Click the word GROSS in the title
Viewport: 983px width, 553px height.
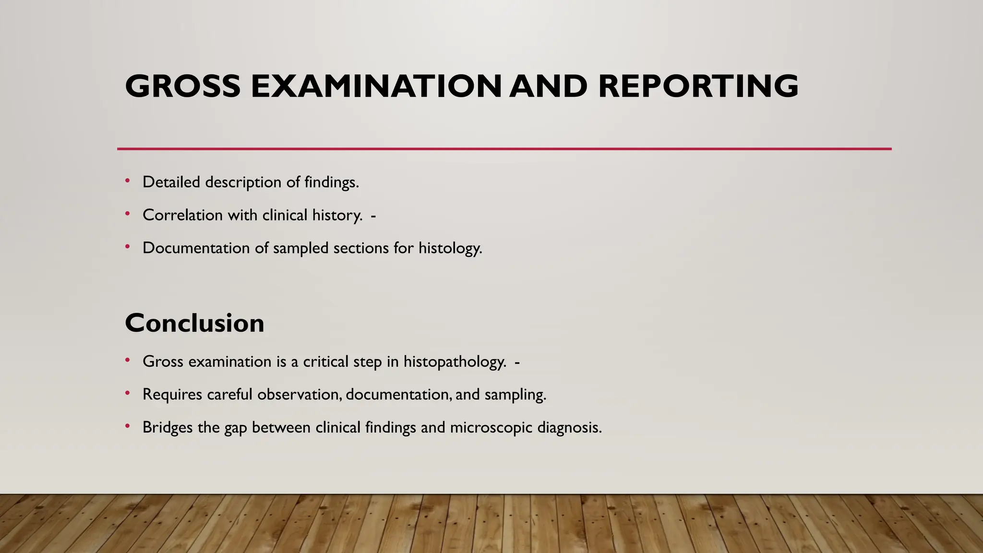tap(182, 86)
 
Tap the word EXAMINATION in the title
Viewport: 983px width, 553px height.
tap(376, 86)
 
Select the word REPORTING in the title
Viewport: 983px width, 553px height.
tap(698, 86)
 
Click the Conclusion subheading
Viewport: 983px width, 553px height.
tap(194, 323)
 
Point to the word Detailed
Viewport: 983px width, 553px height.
tap(171, 182)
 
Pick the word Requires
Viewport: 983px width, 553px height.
tap(172, 395)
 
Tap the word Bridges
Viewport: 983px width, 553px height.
tap(168, 427)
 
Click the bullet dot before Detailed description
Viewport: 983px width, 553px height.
tap(128, 181)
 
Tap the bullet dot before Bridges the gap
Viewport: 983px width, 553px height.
tap(128, 426)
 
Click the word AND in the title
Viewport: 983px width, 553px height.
tap(548, 86)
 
